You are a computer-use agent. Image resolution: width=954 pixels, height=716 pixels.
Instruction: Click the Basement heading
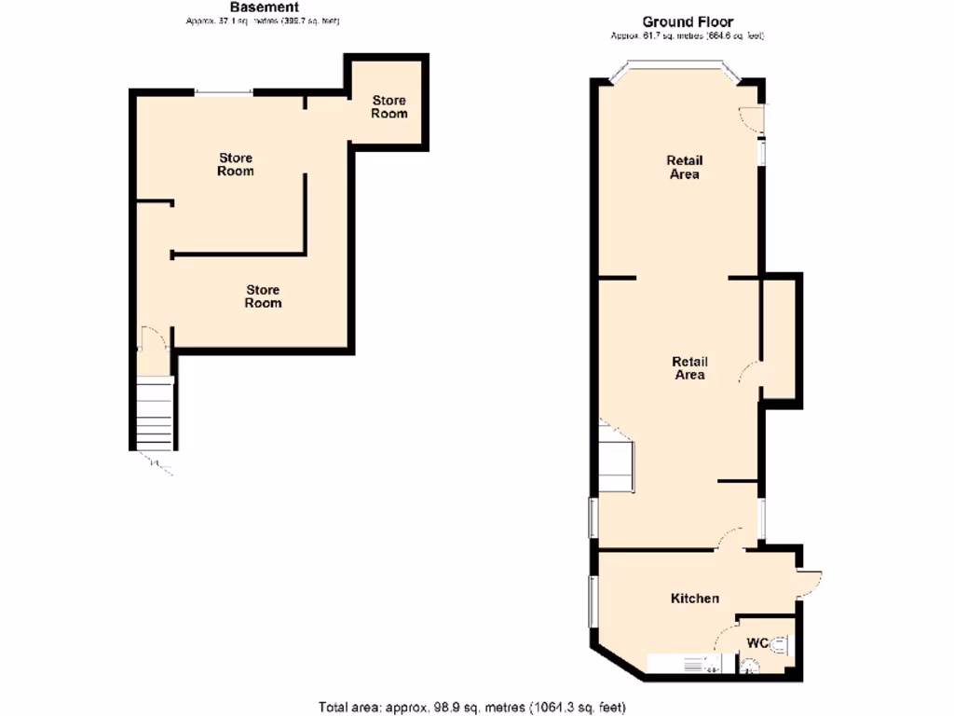tap(265, 7)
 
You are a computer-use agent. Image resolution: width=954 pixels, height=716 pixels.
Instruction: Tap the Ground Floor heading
tap(688, 21)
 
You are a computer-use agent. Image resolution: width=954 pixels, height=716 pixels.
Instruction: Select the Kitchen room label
tap(695, 598)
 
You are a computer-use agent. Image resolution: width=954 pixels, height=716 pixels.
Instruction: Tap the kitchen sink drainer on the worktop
tap(695, 665)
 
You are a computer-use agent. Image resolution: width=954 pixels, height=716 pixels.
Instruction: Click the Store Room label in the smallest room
tap(389, 106)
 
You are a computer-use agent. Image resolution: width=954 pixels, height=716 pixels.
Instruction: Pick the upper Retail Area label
tap(685, 167)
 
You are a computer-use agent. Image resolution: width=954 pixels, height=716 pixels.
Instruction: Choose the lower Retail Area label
tap(689, 368)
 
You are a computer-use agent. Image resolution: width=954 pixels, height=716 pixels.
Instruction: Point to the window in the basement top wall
tap(224, 91)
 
